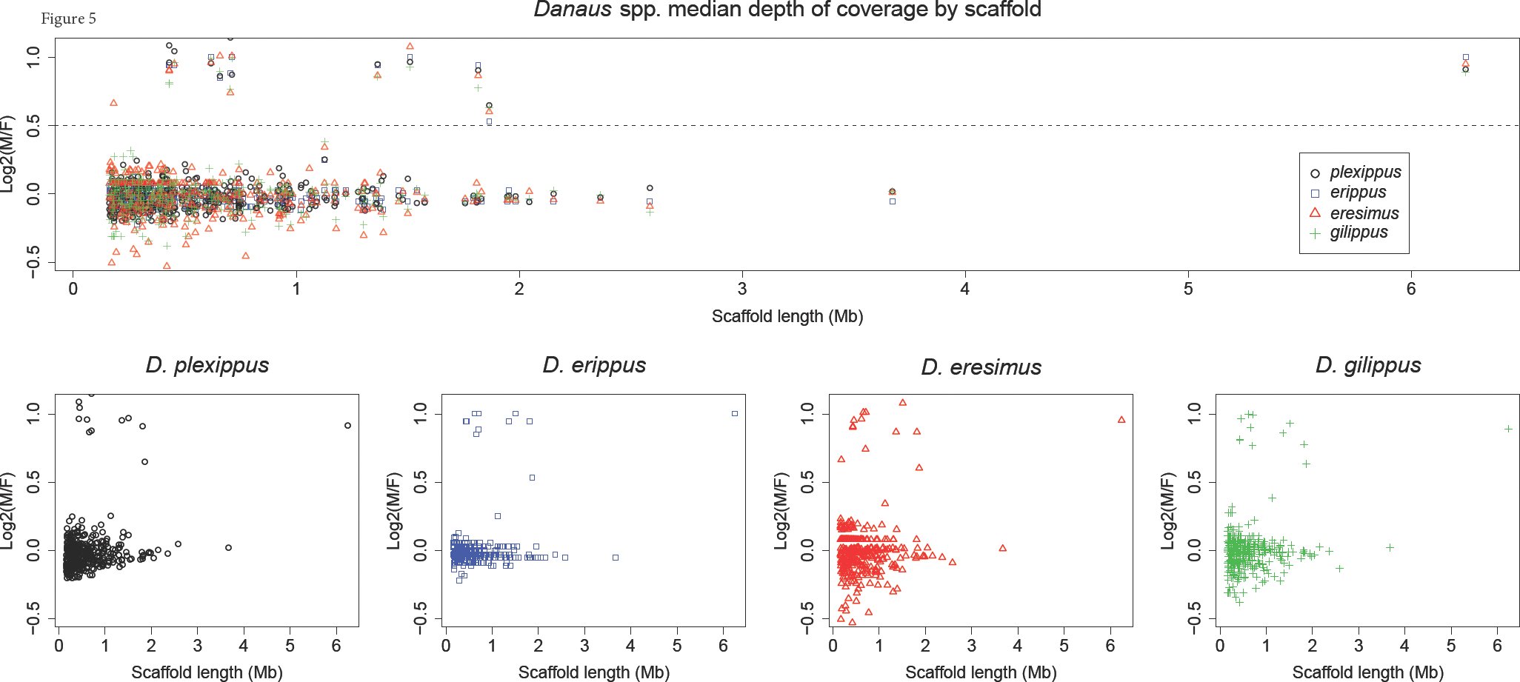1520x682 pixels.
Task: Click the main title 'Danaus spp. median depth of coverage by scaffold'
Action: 787,10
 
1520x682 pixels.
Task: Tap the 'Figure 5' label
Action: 68,19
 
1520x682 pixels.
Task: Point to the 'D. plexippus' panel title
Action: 207,365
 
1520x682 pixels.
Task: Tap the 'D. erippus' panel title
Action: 594,365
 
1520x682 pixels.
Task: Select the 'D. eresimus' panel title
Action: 981,367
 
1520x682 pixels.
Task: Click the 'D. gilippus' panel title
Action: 1368,365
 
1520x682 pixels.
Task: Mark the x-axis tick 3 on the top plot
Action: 742,289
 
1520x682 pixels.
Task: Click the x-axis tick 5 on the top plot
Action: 1188,289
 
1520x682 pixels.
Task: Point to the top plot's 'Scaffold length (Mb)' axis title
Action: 787,317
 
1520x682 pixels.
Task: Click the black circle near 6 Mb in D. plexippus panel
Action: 347,426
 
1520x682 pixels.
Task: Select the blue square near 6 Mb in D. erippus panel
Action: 735,413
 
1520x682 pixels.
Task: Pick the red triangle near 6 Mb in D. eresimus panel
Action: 1121,420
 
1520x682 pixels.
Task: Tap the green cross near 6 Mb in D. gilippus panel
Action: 1508,429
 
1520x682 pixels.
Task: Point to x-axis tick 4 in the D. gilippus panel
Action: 1404,646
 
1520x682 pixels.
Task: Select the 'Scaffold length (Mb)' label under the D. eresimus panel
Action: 981,672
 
